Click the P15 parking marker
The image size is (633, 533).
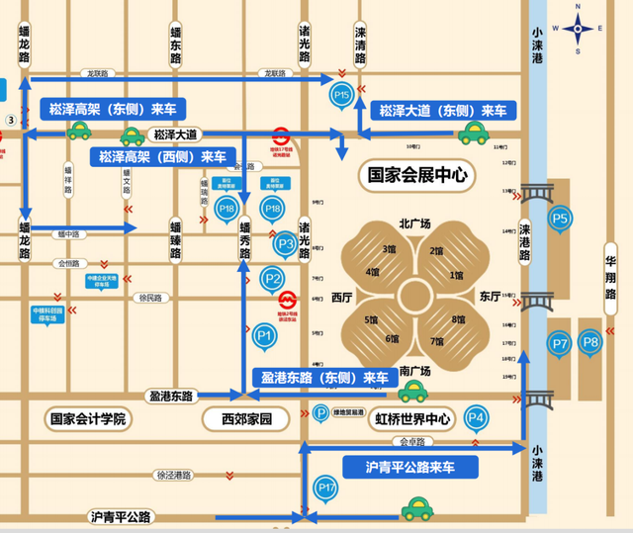(x=341, y=96)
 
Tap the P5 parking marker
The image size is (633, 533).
(x=561, y=219)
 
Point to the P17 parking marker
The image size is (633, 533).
(x=326, y=487)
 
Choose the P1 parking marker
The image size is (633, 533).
(x=263, y=337)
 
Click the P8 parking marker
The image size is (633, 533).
(x=590, y=343)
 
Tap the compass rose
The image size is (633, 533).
(x=579, y=29)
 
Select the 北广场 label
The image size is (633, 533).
(x=414, y=223)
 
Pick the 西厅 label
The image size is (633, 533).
(x=341, y=296)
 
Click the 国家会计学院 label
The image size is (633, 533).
(x=89, y=419)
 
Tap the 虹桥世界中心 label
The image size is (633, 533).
(x=412, y=419)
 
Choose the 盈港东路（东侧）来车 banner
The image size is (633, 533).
(x=324, y=377)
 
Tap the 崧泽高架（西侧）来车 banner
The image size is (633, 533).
(x=162, y=157)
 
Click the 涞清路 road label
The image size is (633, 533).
(x=360, y=45)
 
